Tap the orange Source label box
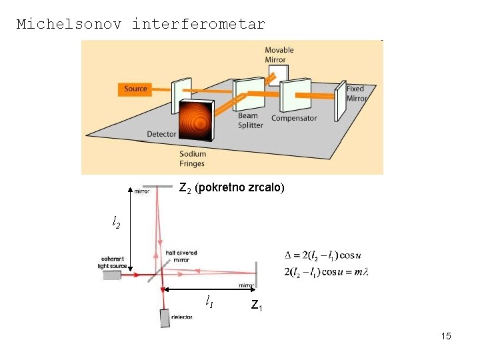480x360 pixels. [x=135, y=89]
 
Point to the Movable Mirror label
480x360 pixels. [x=279, y=55]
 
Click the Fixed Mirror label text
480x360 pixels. [x=356, y=93]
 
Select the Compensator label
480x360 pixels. [x=294, y=119]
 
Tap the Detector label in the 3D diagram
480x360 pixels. [x=161, y=134]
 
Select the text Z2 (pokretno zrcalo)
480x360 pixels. [x=231, y=188]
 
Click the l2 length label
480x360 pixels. [x=116, y=222]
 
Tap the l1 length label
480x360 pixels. [x=209, y=302]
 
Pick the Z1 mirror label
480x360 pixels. [x=257, y=306]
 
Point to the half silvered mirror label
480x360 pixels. [x=181, y=257]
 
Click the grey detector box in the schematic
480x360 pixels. [x=165, y=319]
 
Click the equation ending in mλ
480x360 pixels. [x=326, y=271]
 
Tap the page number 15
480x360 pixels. [x=445, y=336]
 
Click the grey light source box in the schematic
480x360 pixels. [x=112, y=275]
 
